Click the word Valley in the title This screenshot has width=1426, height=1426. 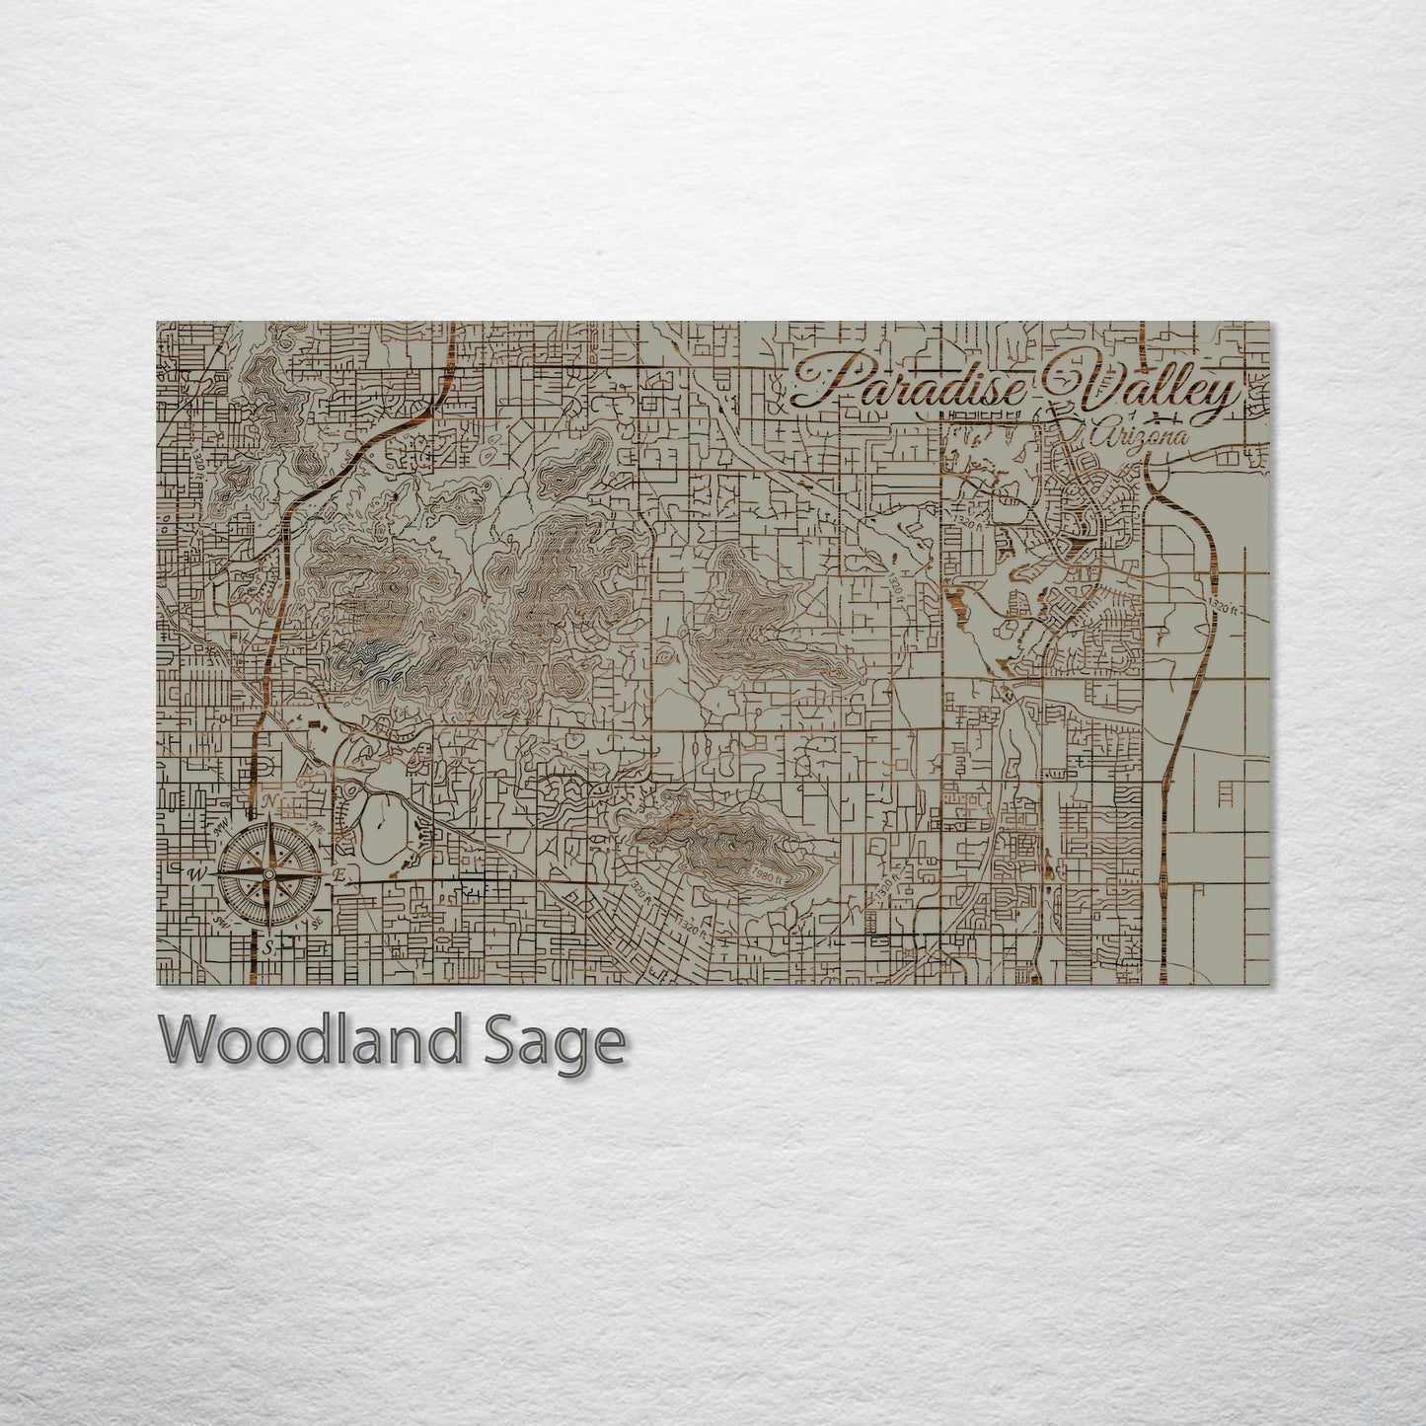pos(1145,387)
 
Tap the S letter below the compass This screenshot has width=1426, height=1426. pos(268,946)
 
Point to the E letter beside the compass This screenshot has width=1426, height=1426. pos(339,874)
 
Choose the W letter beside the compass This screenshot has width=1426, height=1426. pos(197,874)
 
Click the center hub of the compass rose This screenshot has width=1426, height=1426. pos(269,872)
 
